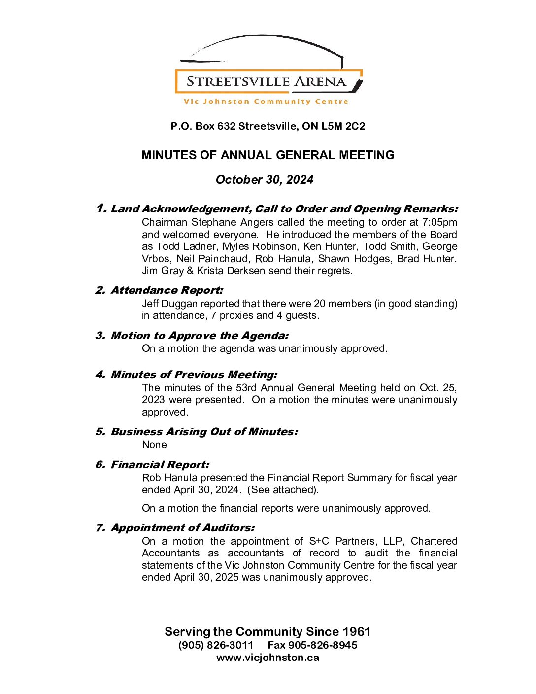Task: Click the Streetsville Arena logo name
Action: [x=267, y=82]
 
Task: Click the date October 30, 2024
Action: [x=265, y=180]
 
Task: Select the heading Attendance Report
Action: [x=167, y=290]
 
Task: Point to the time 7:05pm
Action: [x=439, y=222]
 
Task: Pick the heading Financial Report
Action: [x=160, y=465]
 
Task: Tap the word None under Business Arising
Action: [x=154, y=445]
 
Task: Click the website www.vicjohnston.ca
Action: [x=268, y=658]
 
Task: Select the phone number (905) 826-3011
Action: [x=216, y=645]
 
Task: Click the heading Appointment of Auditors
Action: [x=182, y=528]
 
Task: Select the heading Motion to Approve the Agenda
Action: [x=200, y=336]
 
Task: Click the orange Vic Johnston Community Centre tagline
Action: [x=266, y=102]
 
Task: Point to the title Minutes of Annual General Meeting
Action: [x=268, y=155]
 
